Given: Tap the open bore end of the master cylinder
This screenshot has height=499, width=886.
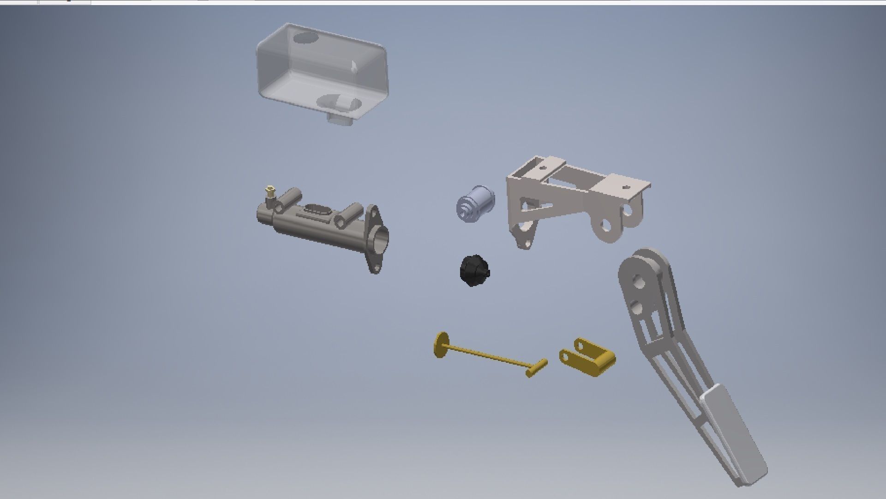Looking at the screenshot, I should pos(379,241).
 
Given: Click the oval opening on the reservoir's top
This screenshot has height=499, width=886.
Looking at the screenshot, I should pos(305,37).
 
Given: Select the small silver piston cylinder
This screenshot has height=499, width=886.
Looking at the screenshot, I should pos(475,204).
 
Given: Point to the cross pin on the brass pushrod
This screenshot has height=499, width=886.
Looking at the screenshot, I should pos(537,368).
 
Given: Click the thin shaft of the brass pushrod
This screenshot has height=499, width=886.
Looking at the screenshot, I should pos(489,355).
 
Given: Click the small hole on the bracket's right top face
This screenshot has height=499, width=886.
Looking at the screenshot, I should pos(626,187).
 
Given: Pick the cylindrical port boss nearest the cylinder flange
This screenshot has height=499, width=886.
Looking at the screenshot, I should pos(348,215).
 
